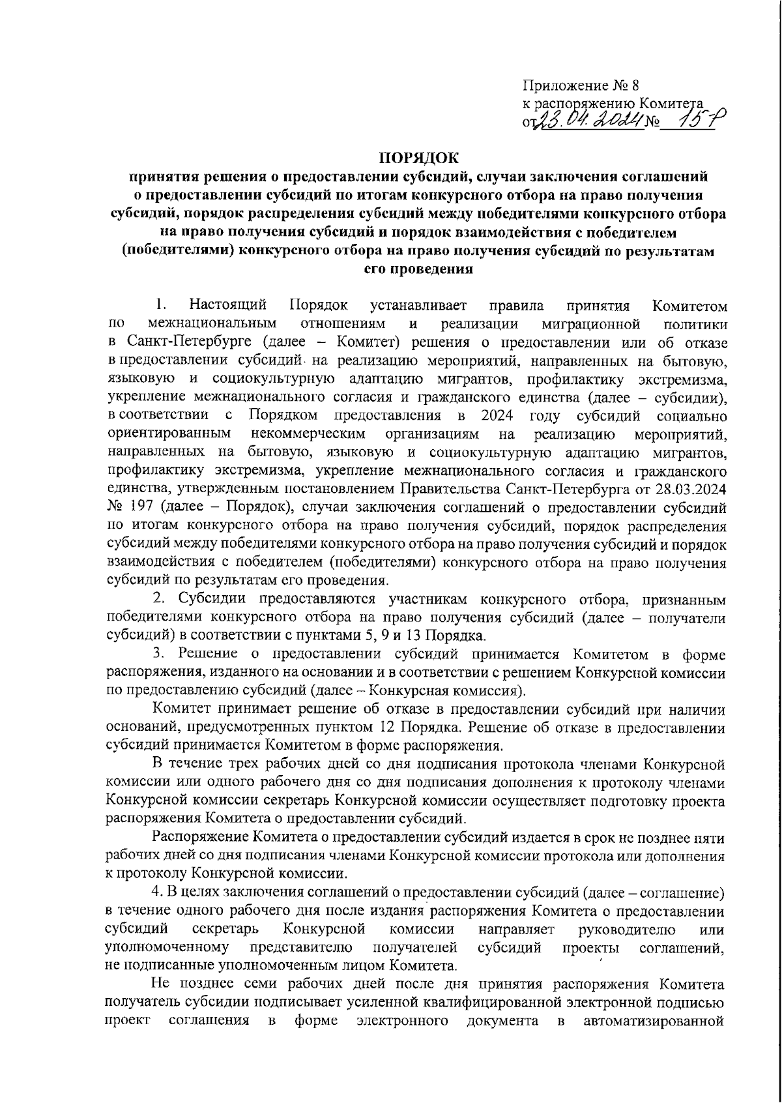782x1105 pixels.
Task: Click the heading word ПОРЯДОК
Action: (x=418, y=157)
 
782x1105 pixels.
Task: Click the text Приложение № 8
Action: (x=581, y=85)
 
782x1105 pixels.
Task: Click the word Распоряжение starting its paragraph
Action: (x=192, y=836)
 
